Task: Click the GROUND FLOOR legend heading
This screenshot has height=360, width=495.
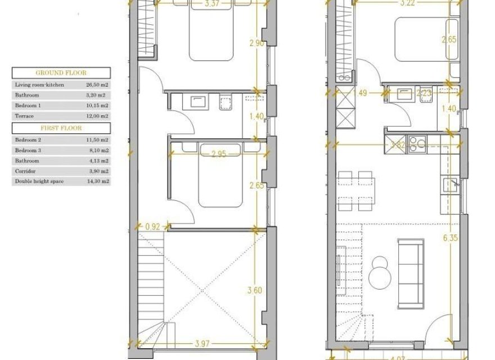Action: (x=61, y=73)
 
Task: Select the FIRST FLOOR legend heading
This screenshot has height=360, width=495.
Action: (x=61, y=128)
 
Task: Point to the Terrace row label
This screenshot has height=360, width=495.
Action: (x=24, y=116)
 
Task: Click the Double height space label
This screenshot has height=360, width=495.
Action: (x=39, y=181)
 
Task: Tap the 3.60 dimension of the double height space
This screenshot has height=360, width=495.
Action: (x=255, y=291)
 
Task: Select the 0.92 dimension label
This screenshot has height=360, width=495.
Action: (x=152, y=227)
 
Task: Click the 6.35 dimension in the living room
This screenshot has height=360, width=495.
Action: (x=451, y=238)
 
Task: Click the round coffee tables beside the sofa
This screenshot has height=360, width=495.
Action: (x=380, y=270)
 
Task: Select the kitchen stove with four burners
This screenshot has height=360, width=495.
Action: (x=417, y=145)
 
